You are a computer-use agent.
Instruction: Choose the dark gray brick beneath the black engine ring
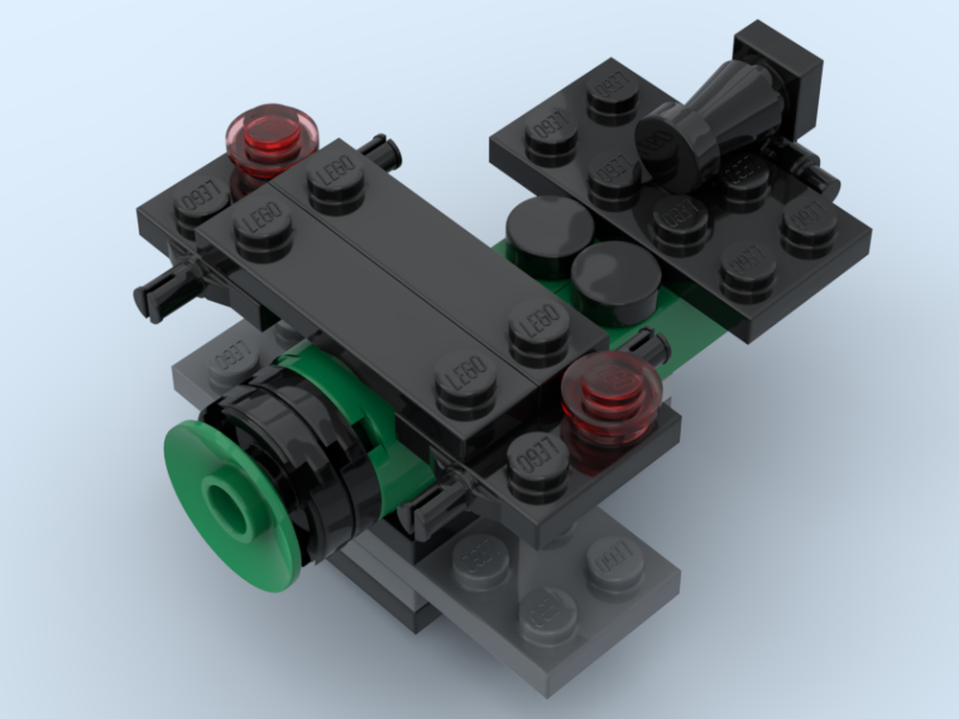[374, 575]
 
